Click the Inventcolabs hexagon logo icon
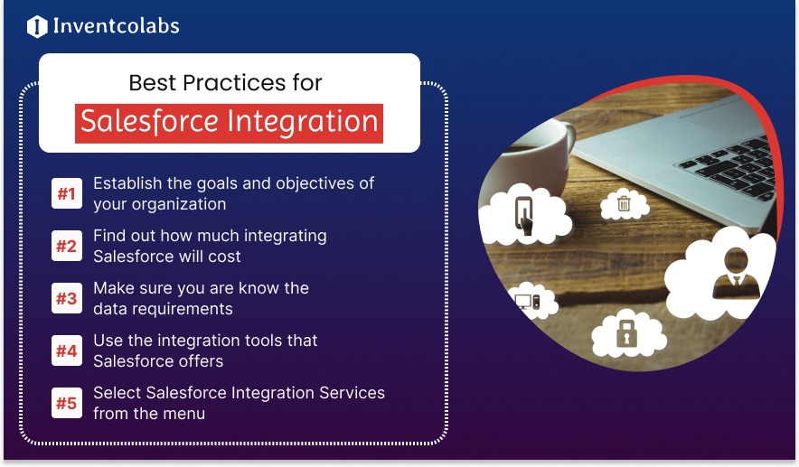pyautogui.click(x=37, y=26)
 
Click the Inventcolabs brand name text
pyautogui.click(x=117, y=26)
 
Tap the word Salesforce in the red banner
pyautogui.click(x=149, y=122)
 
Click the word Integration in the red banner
pyautogui.click(x=302, y=122)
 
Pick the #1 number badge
pyautogui.click(x=67, y=193)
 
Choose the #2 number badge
pyautogui.click(x=67, y=246)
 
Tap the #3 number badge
pyautogui.click(x=67, y=298)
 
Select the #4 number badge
pyautogui.click(x=67, y=350)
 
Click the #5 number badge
pyautogui.click(x=67, y=404)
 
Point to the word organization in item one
pyautogui.click(x=176, y=205)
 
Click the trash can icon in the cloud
pyautogui.click(x=624, y=203)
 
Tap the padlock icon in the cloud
pyautogui.click(x=626, y=333)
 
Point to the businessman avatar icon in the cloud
pyautogui.click(x=736, y=274)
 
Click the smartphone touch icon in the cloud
pyautogui.click(x=524, y=215)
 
